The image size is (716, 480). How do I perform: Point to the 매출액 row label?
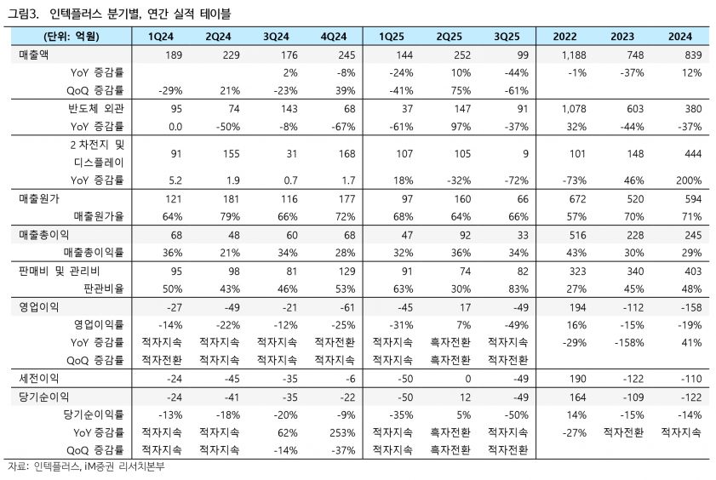coord(34,55)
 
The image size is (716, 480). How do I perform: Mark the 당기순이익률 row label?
coord(93,414)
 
